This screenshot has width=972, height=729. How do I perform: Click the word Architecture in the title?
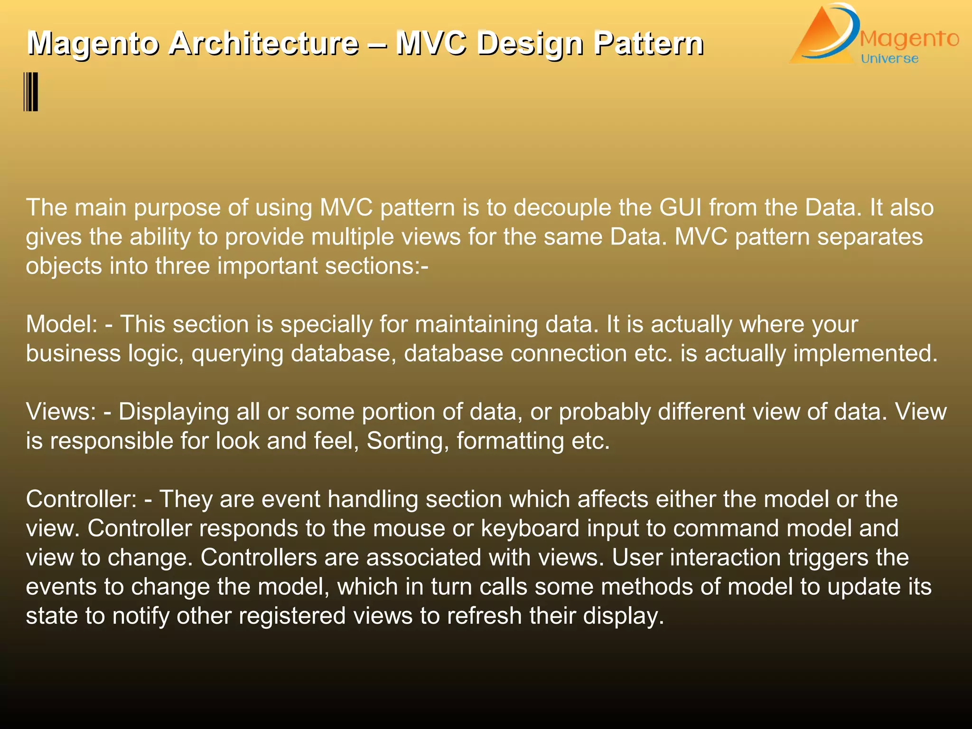pos(264,44)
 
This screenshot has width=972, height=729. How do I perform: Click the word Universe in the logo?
pos(889,59)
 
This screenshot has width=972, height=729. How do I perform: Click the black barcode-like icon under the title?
pos(31,92)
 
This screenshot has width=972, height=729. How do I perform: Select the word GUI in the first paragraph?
pos(680,208)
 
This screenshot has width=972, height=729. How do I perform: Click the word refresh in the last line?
pos(484,616)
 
